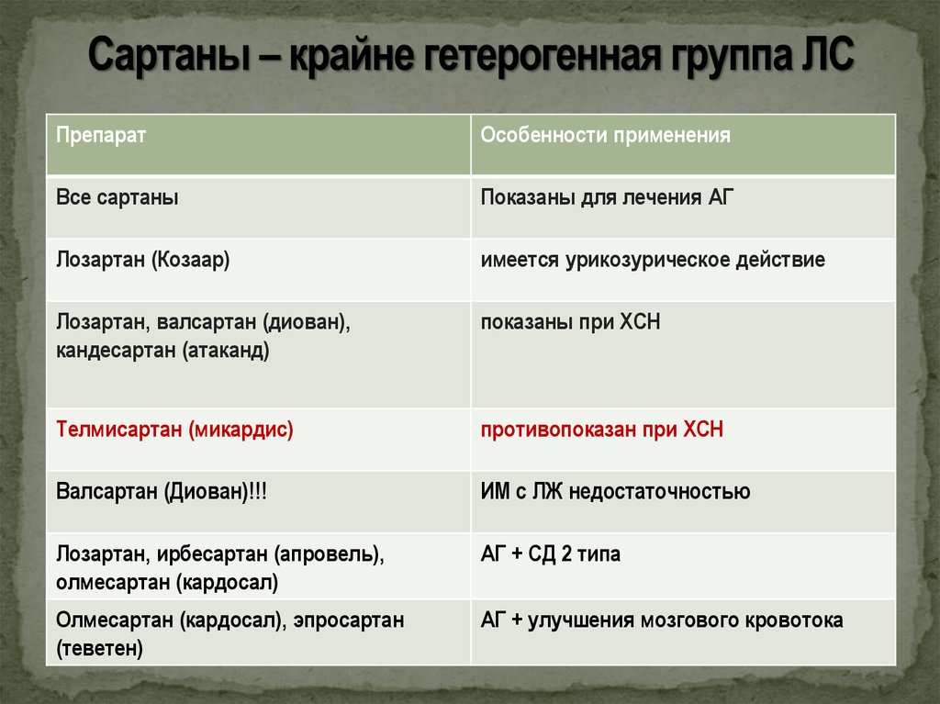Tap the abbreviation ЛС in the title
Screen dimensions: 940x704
[x=826, y=54]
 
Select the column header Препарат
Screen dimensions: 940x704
[x=101, y=136]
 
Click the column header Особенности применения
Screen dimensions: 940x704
[x=606, y=136]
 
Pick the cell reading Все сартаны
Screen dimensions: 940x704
[x=117, y=197]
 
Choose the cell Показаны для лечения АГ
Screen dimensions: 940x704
[x=607, y=198]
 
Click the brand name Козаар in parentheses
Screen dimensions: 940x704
[x=190, y=260]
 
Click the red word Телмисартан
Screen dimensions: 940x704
[x=118, y=430]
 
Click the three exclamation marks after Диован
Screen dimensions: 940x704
[x=258, y=492]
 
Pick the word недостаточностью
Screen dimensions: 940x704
[x=659, y=492]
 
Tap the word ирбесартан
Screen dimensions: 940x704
[x=212, y=554]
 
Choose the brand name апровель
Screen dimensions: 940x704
[x=328, y=554]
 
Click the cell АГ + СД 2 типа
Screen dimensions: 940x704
[x=551, y=554]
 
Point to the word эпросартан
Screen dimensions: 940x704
[x=348, y=620]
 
